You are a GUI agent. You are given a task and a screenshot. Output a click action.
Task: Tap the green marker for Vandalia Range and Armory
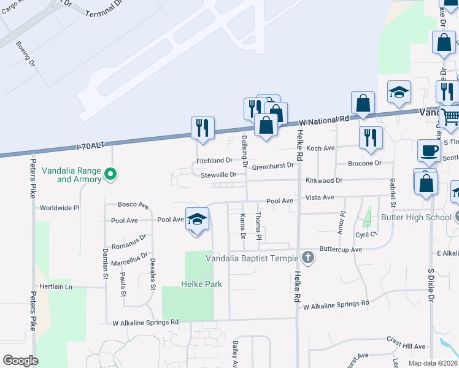(110, 175)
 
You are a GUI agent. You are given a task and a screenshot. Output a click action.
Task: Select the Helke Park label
(201, 284)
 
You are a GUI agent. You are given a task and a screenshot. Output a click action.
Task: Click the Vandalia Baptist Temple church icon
(309, 258)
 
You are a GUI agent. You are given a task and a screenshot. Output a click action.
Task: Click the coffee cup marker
(429, 151)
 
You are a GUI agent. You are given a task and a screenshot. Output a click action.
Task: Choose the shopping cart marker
(450, 116)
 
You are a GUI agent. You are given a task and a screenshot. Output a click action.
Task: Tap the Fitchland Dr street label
(214, 160)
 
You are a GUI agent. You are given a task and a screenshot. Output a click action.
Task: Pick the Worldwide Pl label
(60, 208)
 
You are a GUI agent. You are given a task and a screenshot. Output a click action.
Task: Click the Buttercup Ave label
(341, 250)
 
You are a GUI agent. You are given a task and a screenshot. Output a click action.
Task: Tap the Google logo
(20, 360)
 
